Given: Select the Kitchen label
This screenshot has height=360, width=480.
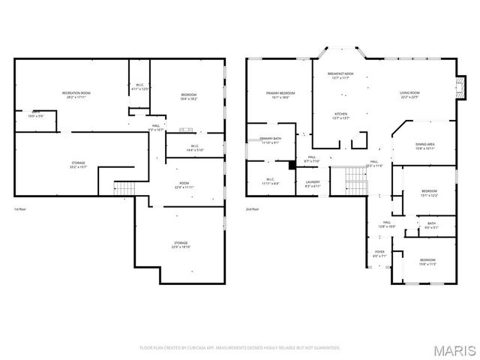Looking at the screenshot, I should pos(341,115).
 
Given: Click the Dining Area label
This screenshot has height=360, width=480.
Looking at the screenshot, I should pos(425,146).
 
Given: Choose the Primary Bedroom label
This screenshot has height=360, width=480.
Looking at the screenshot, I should pos(280,95).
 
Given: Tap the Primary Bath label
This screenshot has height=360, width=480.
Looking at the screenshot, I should pos(270,141).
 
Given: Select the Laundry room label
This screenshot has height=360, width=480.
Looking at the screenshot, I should pos(313,184).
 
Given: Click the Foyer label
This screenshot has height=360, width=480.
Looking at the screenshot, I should pos(379,253).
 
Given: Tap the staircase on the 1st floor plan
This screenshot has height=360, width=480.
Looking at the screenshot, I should pos(123,187).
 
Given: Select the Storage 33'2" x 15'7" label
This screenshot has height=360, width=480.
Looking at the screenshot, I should pos(78,165).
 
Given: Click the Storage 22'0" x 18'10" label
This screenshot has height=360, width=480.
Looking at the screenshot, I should pos(181,244).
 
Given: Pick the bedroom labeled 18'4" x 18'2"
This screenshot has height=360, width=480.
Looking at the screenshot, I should pos(188,97).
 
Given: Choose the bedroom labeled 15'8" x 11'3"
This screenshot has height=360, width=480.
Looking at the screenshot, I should pos(427,262).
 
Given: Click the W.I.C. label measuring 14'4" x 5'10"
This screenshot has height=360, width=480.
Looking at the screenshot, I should pos(194,148).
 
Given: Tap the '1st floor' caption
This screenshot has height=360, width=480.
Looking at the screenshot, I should pos(22,209).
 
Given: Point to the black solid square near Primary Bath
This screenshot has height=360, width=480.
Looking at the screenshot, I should pos(292,165).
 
